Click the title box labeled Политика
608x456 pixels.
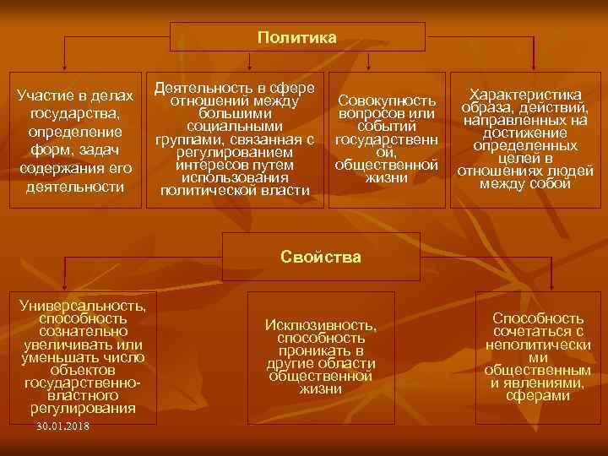click(x=296, y=37)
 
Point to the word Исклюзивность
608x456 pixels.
click(x=320, y=324)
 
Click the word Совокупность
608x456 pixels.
click(x=386, y=101)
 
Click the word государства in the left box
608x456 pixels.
click(x=75, y=114)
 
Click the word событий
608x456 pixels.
click(x=386, y=127)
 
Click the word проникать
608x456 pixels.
click(x=320, y=350)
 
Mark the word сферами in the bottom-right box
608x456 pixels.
click(x=538, y=396)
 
